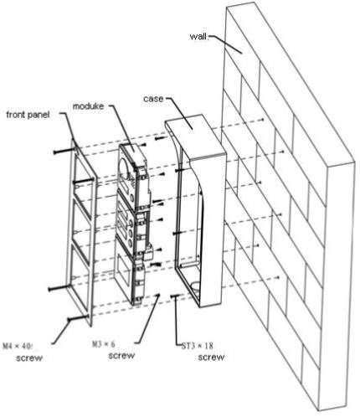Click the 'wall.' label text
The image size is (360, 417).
[198, 37]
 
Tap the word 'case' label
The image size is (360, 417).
[153, 99]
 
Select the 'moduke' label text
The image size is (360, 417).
[88, 106]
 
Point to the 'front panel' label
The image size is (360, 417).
[28, 115]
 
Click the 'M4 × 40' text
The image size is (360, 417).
[18, 347]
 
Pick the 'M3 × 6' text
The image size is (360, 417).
[104, 344]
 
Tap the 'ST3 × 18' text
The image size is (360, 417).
[198, 346]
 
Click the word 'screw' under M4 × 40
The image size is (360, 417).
[29, 358]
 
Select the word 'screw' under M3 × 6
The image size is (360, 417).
[121, 356]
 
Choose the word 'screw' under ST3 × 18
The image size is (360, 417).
[211, 357]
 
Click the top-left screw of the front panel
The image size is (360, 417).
[64, 151]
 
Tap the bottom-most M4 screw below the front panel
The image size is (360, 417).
[78, 318]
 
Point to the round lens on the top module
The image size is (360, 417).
[125, 168]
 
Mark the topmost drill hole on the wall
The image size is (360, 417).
[263, 119]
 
